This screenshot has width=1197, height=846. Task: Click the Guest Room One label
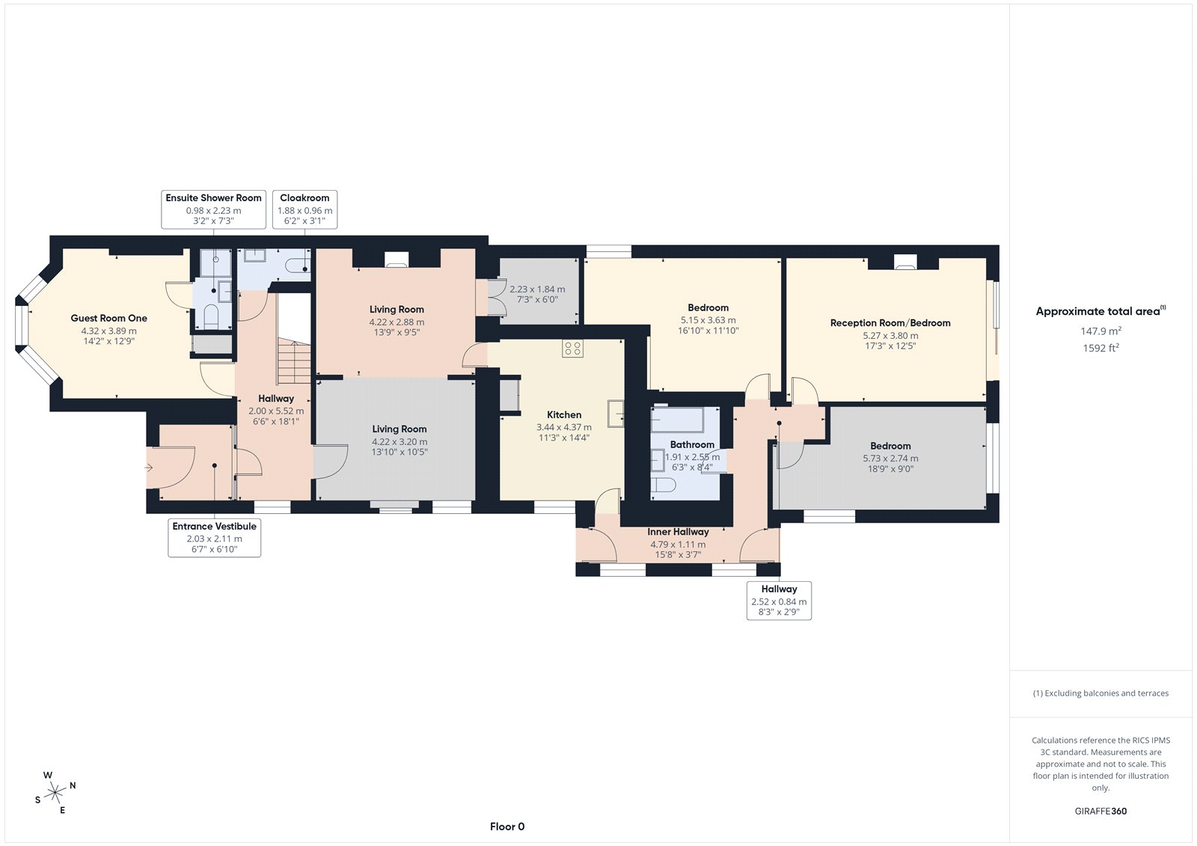tap(108, 318)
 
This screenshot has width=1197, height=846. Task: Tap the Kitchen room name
tap(564, 414)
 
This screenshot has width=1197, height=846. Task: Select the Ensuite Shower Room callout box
tap(213, 209)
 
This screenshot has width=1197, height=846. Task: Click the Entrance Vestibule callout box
tap(214, 538)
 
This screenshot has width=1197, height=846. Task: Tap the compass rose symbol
tap(55, 792)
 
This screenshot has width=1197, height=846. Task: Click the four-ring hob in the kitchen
tap(572, 349)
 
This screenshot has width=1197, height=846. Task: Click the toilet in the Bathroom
tap(663, 484)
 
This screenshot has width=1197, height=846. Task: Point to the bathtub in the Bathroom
tap(677, 420)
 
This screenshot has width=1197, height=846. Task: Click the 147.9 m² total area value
tap(1100, 331)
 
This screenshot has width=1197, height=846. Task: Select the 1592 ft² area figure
tap(1100, 348)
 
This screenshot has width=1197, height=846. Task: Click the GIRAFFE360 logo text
tap(1100, 811)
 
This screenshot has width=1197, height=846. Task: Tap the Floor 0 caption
tap(507, 827)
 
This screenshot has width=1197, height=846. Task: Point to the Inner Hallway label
tap(678, 532)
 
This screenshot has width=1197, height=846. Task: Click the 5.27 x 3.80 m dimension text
tap(890, 336)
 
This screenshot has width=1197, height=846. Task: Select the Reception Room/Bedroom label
tap(890, 323)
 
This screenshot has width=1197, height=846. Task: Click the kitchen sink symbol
tap(616, 413)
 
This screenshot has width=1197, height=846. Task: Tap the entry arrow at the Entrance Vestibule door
tap(149, 468)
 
